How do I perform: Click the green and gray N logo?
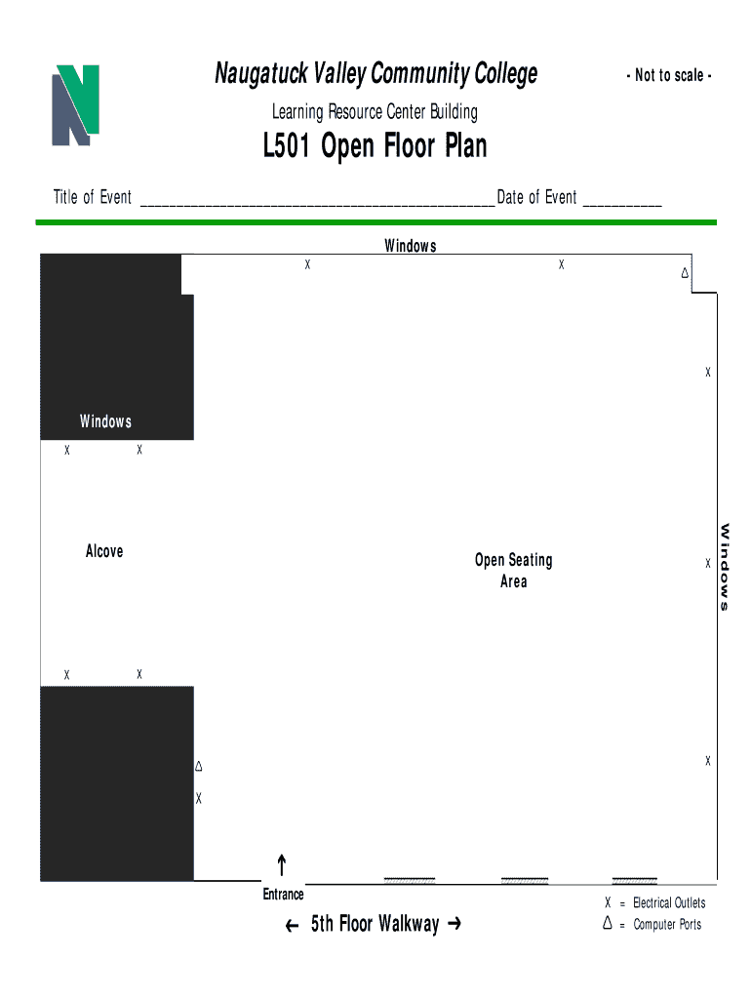[75, 105]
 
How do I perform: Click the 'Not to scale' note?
[669, 75]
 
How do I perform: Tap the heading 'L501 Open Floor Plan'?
[375, 146]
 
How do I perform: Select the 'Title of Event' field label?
[93, 197]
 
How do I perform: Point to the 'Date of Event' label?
[536, 197]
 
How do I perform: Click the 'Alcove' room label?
[104, 551]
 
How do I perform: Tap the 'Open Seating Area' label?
[513, 570]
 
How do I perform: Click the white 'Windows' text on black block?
[105, 421]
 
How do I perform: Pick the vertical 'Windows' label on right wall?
[725, 567]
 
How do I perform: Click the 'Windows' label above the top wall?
[411, 245]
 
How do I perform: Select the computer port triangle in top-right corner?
[685, 273]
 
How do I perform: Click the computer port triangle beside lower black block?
[199, 766]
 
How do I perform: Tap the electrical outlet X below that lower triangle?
[199, 798]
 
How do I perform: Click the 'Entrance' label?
[284, 894]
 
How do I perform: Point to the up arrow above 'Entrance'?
[282, 865]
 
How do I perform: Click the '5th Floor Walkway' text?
[375, 923]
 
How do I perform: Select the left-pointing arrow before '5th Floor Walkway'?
[292, 926]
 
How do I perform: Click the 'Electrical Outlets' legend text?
[669, 902]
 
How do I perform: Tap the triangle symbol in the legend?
[608, 923]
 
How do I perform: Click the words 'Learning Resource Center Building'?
[375, 112]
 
